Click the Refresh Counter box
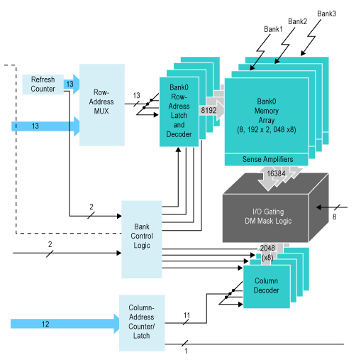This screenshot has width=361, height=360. (x=43, y=84)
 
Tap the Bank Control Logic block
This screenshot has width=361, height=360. (x=142, y=239)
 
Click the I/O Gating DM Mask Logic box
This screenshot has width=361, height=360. (x=272, y=216)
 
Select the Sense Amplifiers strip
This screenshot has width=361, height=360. (x=267, y=159)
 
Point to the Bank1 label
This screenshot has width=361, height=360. (x=274, y=29)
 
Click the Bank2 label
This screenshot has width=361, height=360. (x=297, y=21)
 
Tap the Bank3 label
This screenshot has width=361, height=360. (x=326, y=13)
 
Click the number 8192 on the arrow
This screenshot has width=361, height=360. (x=209, y=110)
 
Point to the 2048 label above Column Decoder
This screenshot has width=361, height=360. (x=267, y=248)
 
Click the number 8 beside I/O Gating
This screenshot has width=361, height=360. (x=335, y=217)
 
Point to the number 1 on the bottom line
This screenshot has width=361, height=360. (x=186, y=351)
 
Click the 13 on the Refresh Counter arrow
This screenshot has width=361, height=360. (x=69, y=84)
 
